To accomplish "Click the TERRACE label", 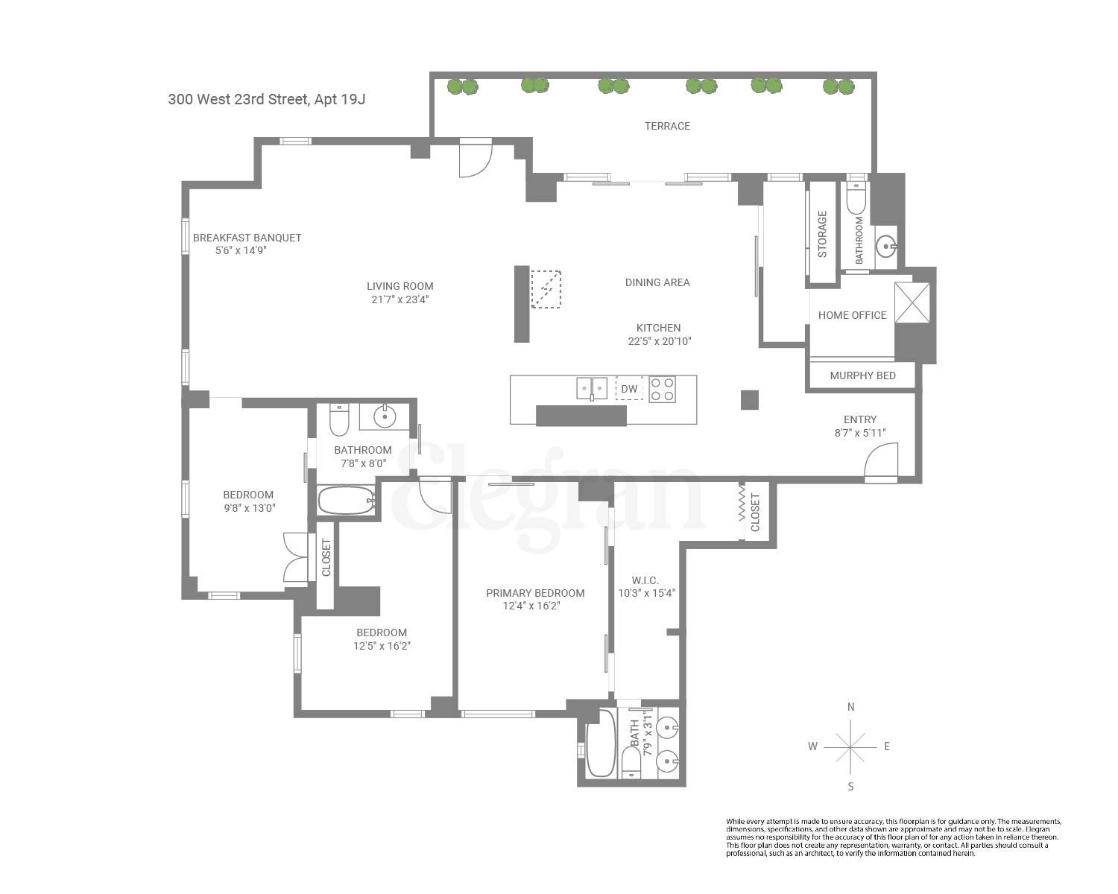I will click(x=667, y=126).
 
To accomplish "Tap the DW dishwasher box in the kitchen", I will click(x=629, y=389).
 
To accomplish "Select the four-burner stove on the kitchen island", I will click(x=662, y=389).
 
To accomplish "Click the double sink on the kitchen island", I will click(x=591, y=388).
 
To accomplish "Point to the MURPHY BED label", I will click(x=862, y=375).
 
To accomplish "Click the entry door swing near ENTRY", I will click(x=881, y=460).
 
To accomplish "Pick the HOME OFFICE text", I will click(x=852, y=315).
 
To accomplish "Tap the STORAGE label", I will click(x=822, y=234).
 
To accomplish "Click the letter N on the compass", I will click(x=850, y=707).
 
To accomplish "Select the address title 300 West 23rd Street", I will click(x=266, y=99).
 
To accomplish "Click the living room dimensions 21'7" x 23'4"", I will click(x=399, y=299).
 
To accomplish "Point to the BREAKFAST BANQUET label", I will click(x=247, y=238).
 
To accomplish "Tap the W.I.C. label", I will click(x=645, y=580).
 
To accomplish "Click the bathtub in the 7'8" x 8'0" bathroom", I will click(x=347, y=500).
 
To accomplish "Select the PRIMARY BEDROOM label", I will click(x=535, y=593).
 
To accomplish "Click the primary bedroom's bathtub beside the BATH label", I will click(x=601, y=742).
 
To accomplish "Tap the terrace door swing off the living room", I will click(x=475, y=158).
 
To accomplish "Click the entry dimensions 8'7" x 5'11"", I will click(x=859, y=433).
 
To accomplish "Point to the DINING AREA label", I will click(x=657, y=282).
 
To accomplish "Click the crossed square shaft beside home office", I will click(x=912, y=302).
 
